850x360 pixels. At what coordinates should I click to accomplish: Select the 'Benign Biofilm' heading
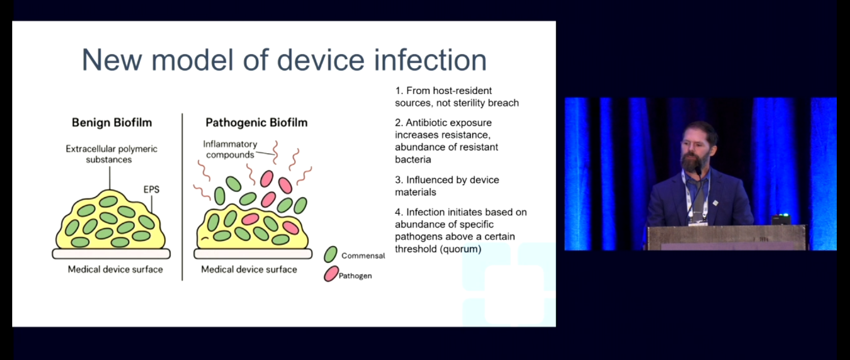[111, 123]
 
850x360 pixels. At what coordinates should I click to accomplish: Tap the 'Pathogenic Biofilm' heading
[256, 123]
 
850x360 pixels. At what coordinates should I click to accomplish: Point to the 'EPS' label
[151, 189]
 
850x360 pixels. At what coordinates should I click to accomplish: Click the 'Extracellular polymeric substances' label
[111, 154]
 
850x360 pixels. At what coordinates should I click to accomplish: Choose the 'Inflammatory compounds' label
[230, 149]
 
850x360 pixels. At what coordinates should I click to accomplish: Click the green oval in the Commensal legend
[330, 255]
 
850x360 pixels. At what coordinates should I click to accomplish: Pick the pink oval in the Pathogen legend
[331, 274]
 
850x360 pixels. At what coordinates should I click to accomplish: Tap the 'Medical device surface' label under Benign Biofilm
[115, 269]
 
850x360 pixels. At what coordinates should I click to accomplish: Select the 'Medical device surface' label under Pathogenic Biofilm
[248, 269]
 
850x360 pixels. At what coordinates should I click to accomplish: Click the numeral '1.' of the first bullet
[399, 91]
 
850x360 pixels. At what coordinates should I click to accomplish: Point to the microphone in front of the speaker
[698, 172]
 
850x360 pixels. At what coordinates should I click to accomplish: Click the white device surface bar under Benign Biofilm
[111, 254]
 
